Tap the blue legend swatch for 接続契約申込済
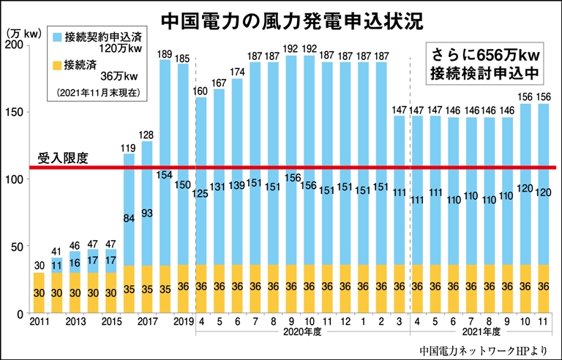tap(58, 34)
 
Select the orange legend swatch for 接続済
tap(58, 62)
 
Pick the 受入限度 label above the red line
tap(64, 158)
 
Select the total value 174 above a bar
tap(237, 72)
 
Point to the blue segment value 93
tap(147, 213)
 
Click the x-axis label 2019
tap(183, 323)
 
